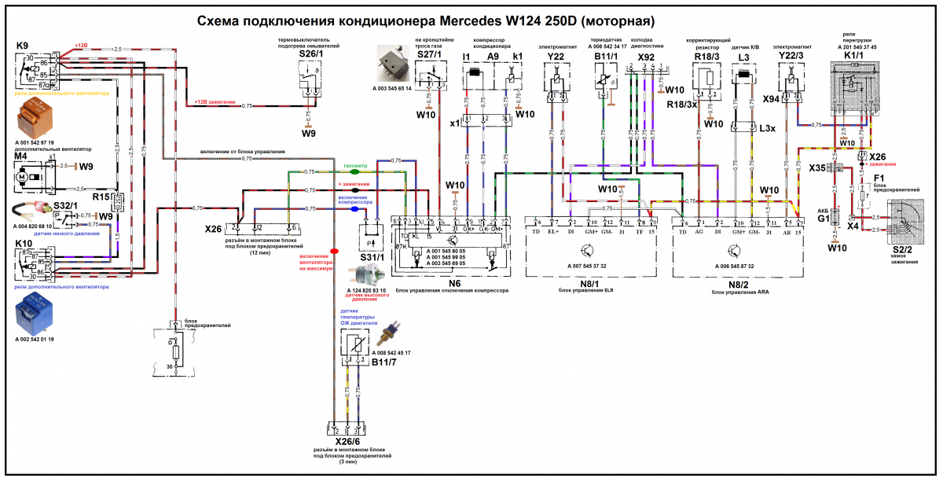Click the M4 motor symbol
[x=23, y=180]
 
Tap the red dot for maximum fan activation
[x=334, y=252]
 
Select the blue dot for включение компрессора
[x=354, y=209]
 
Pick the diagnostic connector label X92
[x=646, y=57]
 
